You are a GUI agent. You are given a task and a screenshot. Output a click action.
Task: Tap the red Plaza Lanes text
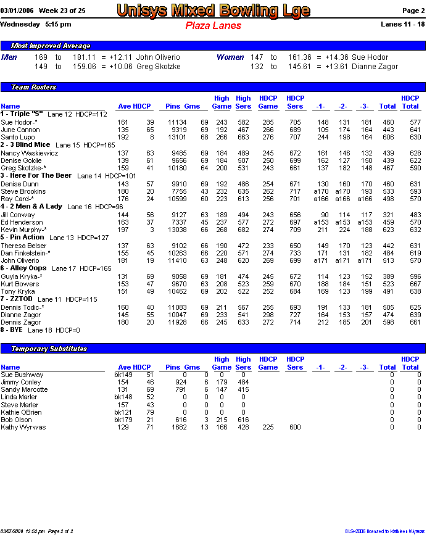click(x=213, y=26)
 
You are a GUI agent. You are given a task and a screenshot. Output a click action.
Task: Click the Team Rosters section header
click(x=33, y=87)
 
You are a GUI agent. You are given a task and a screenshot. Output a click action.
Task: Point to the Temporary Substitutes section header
click(x=49, y=349)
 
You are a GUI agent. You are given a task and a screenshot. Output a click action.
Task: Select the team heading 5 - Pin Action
click(x=22, y=237)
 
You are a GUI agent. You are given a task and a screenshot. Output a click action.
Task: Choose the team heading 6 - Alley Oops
click(x=23, y=268)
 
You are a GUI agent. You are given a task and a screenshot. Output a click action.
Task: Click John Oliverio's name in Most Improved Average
click(x=158, y=57)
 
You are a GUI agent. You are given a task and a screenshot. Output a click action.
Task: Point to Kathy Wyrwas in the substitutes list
click(x=23, y=427)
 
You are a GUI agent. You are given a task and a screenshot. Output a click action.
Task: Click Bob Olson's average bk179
click(x=123, y=420)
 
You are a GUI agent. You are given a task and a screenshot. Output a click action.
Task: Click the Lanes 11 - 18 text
click(x=403, y=24)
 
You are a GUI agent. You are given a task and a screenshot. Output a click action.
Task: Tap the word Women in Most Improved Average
click(x=230, y=57)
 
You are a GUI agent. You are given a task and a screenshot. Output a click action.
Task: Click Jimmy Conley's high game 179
click(x=222, y=383)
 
